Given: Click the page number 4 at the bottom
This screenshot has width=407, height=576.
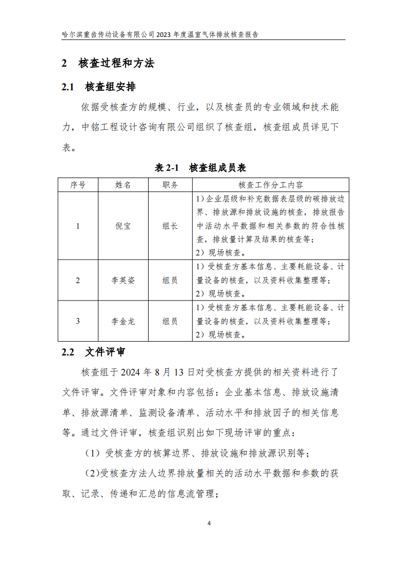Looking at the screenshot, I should coord(209,523).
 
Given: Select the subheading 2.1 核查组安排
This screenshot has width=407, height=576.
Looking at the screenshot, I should coord(98,87).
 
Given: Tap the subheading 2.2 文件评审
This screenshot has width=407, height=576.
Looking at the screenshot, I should coord(93,352).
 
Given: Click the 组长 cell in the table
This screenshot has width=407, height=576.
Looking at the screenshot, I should coord(170,226).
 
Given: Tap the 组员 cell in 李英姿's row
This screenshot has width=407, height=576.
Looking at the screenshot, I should coord(170,280).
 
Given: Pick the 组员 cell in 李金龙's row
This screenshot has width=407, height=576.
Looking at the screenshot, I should coord(170,321).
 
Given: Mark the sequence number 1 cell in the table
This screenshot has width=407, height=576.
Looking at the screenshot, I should coord(78,226).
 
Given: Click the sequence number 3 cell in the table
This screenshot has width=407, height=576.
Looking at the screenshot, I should coord(78,321).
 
